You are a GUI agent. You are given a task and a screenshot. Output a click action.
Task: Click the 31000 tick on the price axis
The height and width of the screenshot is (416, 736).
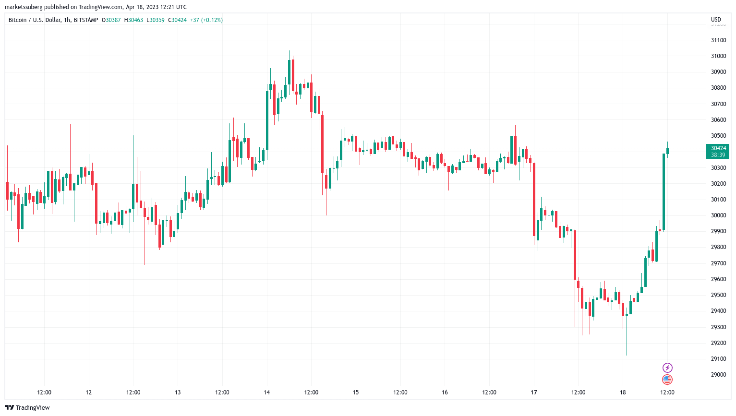pos(718,56)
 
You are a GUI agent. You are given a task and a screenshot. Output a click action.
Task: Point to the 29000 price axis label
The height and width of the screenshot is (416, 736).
pos(718,375)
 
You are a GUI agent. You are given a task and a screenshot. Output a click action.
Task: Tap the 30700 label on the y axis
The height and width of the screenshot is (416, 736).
pos(718,104)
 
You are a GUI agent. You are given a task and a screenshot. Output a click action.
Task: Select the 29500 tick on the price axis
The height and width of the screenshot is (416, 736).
pos(718,295)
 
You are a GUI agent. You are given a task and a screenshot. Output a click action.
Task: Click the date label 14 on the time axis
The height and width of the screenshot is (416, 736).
pos(266,392)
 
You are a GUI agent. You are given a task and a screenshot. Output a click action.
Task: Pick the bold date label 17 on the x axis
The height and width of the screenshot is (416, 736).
pos(533,392)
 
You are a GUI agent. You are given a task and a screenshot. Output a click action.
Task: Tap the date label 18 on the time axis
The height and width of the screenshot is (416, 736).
pos(623,392)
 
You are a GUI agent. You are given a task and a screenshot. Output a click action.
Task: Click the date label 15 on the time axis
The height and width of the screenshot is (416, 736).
pos(356,392)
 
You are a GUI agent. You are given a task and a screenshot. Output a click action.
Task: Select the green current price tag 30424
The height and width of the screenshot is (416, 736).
pos(718,148)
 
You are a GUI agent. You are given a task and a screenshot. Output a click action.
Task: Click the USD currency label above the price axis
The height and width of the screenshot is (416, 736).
pos(716,20)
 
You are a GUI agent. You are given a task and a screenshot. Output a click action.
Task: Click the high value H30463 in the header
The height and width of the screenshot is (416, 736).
pos(133,20)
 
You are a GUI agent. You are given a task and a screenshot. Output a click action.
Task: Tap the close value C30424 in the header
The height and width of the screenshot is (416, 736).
pos(177,20)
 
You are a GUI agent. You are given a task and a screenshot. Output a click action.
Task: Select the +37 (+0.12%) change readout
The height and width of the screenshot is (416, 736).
pos(206,20)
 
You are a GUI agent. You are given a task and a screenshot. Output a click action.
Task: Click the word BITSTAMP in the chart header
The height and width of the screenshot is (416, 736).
pos(86,20)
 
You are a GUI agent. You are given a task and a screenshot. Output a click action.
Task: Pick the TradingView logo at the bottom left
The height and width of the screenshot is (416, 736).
pos(27,407)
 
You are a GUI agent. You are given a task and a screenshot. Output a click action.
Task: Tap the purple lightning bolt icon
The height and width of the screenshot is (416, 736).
pos(667,368)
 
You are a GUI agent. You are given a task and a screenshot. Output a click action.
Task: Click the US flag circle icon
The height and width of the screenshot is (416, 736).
pos(667,380)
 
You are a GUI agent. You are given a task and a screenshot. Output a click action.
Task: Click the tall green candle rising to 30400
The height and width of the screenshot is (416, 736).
pos(664,192)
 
